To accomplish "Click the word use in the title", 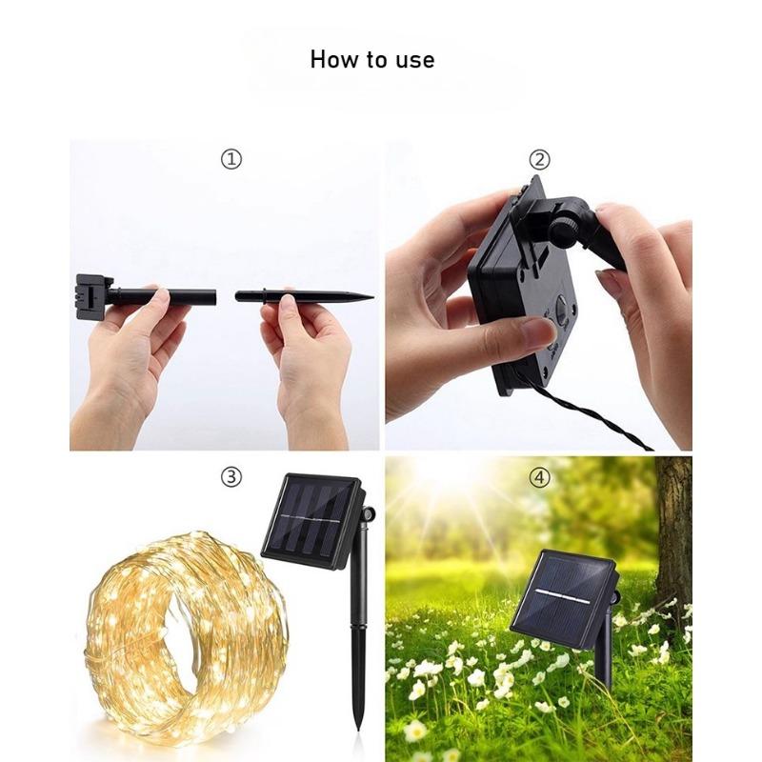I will [x=414, y=60].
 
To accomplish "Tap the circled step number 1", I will [x=231, y=159].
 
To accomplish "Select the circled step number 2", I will [x=539, y=159].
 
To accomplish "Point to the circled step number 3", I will [x=231, y=476].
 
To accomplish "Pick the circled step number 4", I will [x=539, y=476].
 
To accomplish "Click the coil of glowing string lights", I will [x=181, y=629].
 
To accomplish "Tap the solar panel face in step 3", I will [x=310, y=522].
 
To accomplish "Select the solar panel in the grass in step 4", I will [x=562, y=592].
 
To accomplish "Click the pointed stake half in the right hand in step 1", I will [x=305, y=296].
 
